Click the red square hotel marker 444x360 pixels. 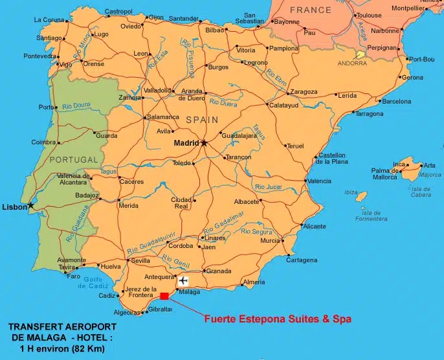(x=164, y=296)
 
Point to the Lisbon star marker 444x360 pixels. (x=30, y=206)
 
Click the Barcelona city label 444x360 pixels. (x=396, y=102)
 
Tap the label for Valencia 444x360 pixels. (x=319, y=181)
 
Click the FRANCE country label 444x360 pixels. (x=310, y=10)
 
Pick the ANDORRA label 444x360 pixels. (x=352, y=63)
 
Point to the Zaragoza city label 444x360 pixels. (x=303, y=92)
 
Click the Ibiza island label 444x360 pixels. (x=351, y=192)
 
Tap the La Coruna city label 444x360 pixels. (x=49, y=20)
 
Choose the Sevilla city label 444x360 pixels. (x=140, y=261)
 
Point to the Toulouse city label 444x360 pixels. (x=369, y=15)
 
